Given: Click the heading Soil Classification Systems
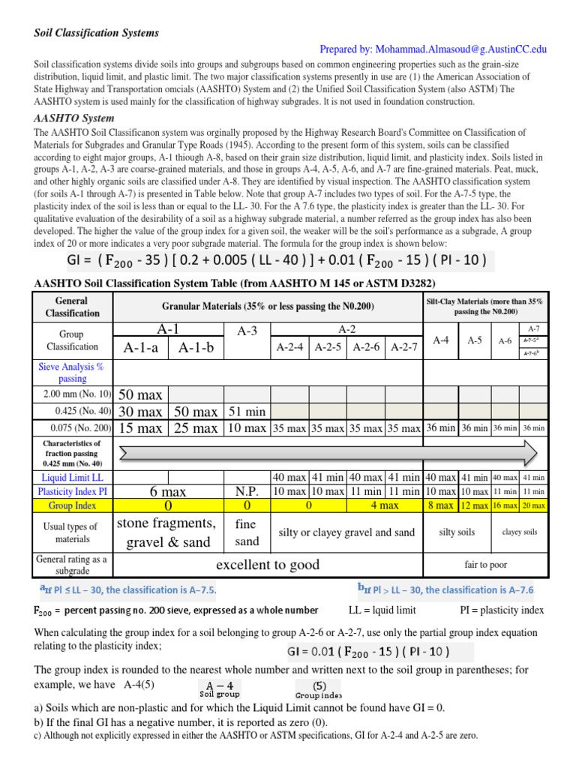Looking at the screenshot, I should point(97,33).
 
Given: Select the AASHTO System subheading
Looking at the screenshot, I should point(74,118).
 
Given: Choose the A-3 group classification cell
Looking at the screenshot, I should point(247,331).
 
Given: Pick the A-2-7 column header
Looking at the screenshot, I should point(404,347).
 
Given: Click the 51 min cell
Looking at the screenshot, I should point(247,411).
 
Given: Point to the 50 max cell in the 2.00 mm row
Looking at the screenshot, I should point(140,394).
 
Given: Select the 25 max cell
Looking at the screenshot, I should point(196,428).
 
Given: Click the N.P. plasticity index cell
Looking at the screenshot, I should point(247,491).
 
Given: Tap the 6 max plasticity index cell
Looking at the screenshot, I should point(167,491).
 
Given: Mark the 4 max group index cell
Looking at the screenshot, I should point(384,505).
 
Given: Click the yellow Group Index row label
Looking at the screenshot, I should point(73,505).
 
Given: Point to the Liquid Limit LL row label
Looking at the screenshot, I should point(73,477).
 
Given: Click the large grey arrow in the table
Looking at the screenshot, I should point(327,453).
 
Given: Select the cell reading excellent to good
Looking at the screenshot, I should point(267,565).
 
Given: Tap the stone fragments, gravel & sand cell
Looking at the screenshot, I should point(167,532).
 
